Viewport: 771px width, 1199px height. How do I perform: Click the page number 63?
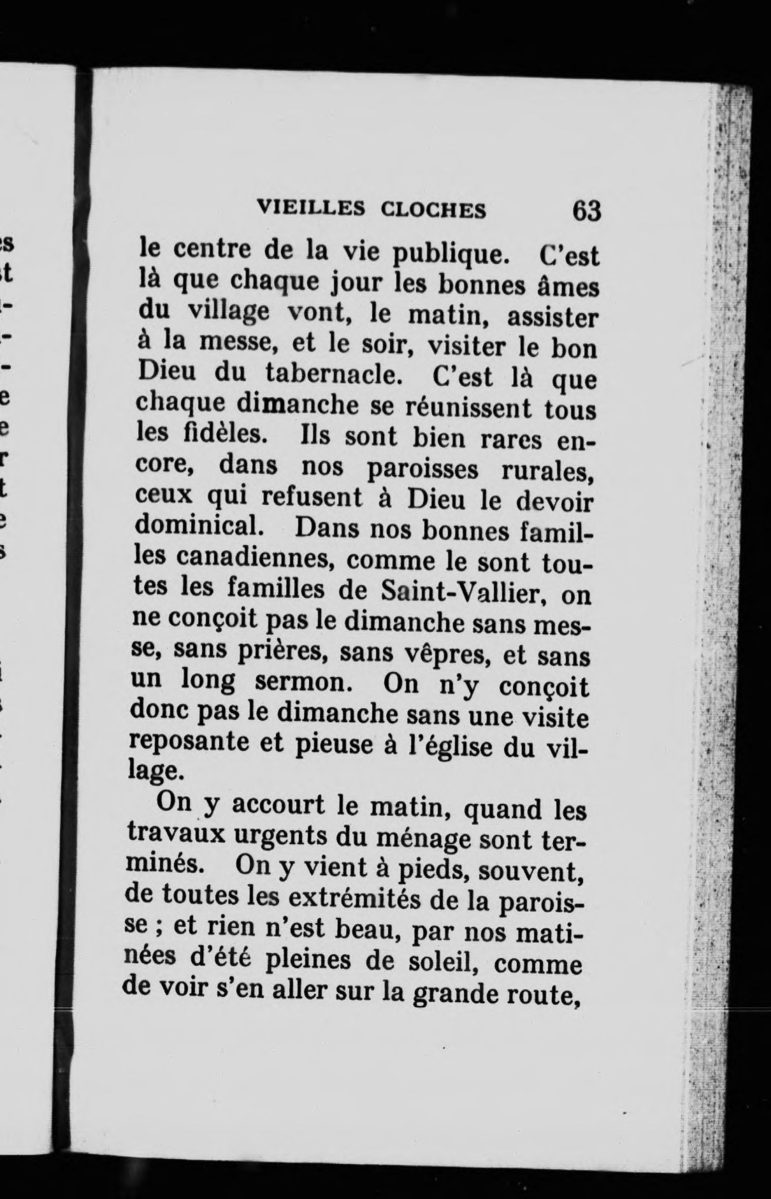tap(586, 210)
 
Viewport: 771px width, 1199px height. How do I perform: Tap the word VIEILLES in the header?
tap(301, 208)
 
